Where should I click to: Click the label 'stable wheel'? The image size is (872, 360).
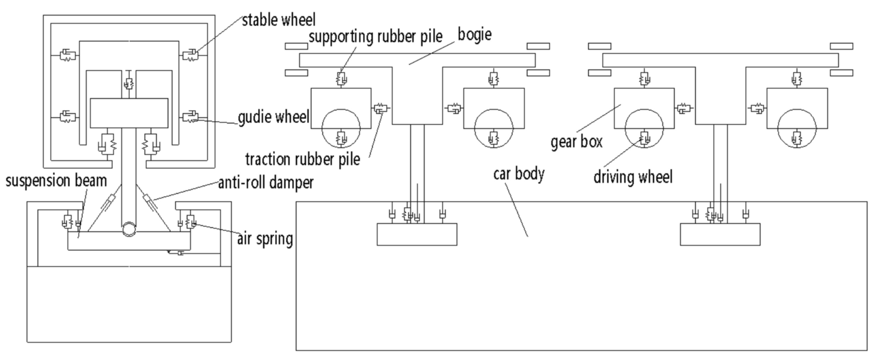pyautogui.click(x=278, y=20)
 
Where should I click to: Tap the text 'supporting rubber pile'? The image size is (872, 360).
pyautogui.click(x=375, y=37)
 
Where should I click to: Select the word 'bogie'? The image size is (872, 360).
pyautogui.click(x=474, y=35)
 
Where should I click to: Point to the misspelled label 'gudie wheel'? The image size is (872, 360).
pyautogui.click(x=273, y=117)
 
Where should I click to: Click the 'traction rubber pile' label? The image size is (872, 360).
pyautogui.click(x=303, y=159)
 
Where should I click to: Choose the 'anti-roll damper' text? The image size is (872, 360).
pyautogui.click(x=265, y=182)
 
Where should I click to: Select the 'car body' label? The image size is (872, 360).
pyautogui.click(x=519, y=174)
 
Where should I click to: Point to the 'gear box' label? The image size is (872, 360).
pyautogui.click(x=576, y=142)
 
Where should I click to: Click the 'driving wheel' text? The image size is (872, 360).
pyautogui.click(x=633, y=176)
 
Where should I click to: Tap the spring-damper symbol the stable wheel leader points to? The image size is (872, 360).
pyautogui.click(x=190, y=54)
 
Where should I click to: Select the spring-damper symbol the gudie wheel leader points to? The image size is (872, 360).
pyautogui.click(x=190, y=117)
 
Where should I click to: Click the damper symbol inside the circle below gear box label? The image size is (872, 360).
pyautogui.click(x=645, y=136)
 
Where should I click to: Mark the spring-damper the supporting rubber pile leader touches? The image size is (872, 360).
pyautogui.click(x=342, y=78)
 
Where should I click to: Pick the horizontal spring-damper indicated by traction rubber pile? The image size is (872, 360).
pyautogui.click(x=380, y=108)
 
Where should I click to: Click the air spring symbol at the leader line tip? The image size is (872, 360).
pyautogui.click(x=190, y=221)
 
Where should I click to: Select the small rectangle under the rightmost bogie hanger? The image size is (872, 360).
pyautogui.click(x=720, y=235)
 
